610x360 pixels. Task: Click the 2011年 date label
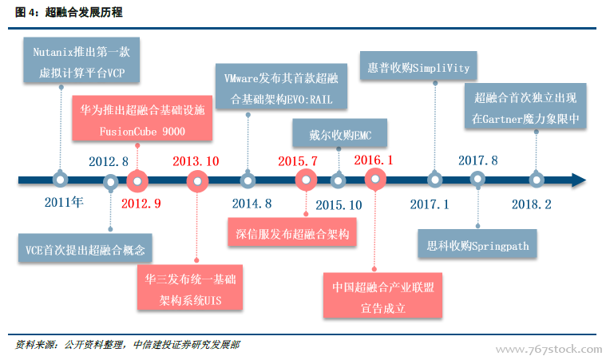[65, 203]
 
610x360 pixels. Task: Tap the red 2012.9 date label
[141, 204]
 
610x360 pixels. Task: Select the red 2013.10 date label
[196, 161]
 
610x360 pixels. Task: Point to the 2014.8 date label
[252, 204]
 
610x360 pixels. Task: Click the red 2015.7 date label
[298, 161]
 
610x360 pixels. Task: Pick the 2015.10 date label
[339, 204]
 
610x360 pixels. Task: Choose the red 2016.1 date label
[374, 160]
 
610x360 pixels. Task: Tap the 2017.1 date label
[430, 204]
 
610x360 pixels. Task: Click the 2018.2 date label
[532, 204]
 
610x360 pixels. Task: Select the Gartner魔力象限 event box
[525, 109]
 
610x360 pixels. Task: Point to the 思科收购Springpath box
[473, 245]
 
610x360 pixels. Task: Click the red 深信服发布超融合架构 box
[293, 235]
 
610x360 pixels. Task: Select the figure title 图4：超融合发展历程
[69, 12]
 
